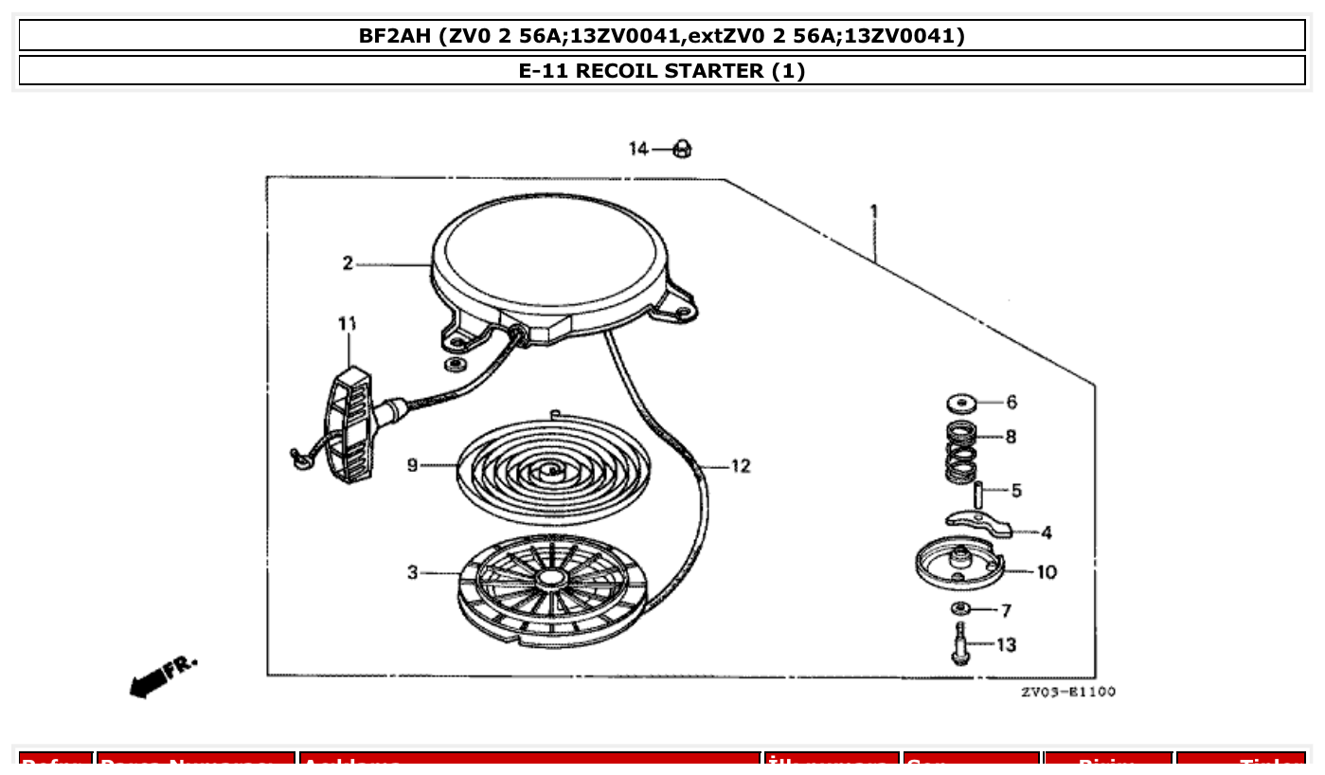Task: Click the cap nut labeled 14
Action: [681, 149]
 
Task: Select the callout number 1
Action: [873, 210]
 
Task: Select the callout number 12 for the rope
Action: [740, 466]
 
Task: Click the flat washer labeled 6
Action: [962, 404]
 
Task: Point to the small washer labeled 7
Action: [959, 608]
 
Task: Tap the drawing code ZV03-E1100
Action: [1067, 692]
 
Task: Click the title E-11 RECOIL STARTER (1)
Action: [661, 71]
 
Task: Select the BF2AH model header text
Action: [661, 36]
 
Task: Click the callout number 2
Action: [348, 263]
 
